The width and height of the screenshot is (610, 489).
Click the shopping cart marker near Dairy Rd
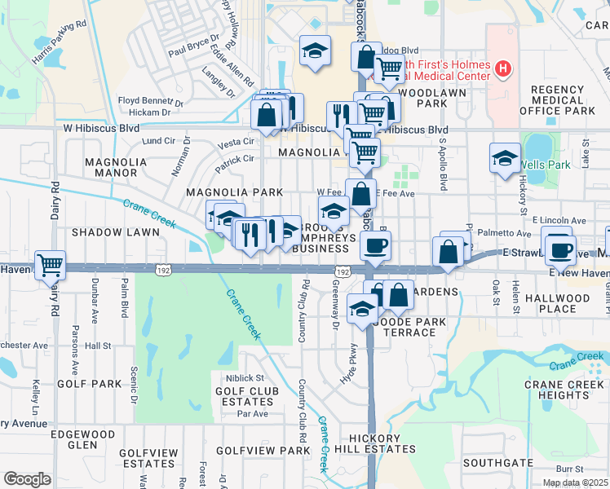tap(51, 265)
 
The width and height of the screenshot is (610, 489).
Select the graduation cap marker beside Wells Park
tap(505, 157)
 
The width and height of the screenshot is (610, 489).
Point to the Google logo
tap(27, 478)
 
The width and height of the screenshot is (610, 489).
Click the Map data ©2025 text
tap(575, 482)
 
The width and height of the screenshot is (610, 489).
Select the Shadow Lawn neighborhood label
tap(115, 232)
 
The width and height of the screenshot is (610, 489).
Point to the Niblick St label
tap(239, 377)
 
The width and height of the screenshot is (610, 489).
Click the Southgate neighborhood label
tap(497, 462)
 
